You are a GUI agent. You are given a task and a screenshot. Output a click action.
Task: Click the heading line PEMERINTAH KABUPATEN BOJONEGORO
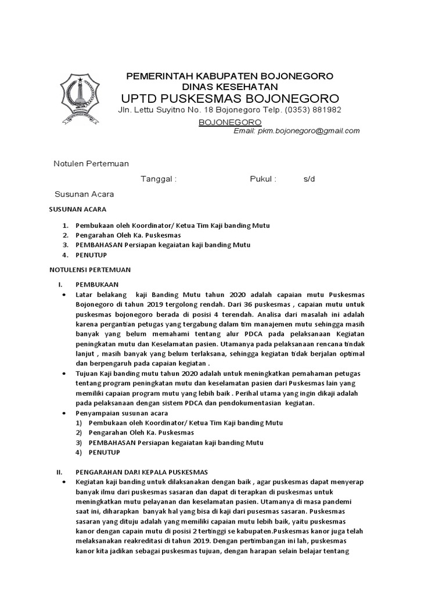coord(230,77)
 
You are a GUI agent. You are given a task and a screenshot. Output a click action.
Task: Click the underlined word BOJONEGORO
coord(230,122)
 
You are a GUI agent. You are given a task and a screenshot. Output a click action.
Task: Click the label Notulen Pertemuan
coord(91,164)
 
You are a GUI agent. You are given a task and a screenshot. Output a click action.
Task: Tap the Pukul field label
coord(263,179)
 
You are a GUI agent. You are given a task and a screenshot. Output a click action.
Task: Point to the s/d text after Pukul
coord(308,179)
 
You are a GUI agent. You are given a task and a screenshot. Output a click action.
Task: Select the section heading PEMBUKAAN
coord(97,284)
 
